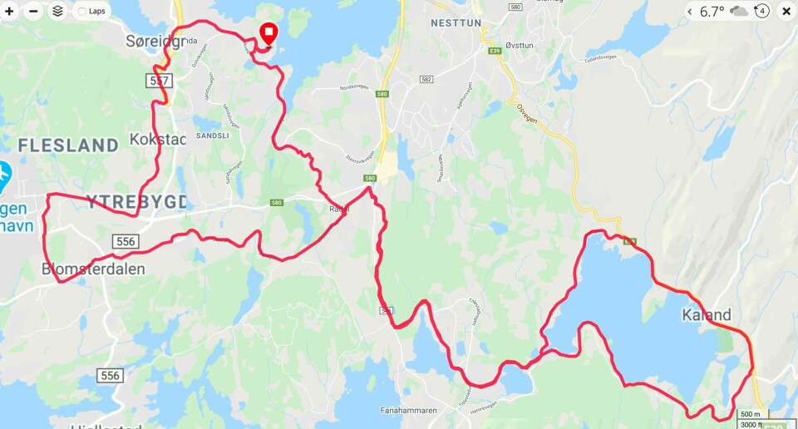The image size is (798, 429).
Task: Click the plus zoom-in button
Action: coord(10,12)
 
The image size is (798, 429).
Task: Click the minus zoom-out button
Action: coord(33,12)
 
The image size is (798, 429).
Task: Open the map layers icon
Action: coord(57,12)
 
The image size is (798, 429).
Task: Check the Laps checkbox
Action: coord(82,12)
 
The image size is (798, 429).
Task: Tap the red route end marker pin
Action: coord(268,33)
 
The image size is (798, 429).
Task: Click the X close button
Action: coord(786,12)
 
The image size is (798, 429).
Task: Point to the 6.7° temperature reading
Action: coord(712,12)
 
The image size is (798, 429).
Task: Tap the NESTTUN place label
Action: coord(456,23)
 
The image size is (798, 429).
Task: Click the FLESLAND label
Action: coord(68,145)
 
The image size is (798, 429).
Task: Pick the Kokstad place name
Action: coord(157,139)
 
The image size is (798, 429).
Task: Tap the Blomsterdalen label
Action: coord(93,269)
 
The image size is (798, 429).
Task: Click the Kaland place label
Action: coord(706,315)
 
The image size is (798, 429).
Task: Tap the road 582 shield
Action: coord(426,80)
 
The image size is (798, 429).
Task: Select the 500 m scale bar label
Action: coord(750,414)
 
